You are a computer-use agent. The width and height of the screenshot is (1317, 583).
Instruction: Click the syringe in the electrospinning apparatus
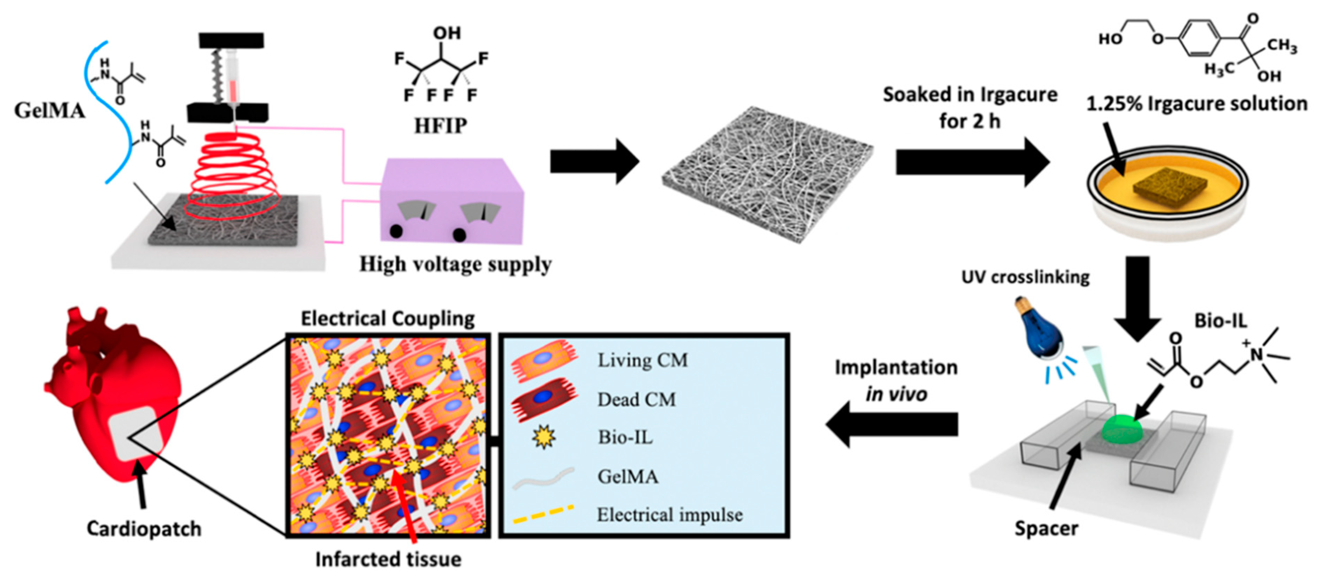[234, 76]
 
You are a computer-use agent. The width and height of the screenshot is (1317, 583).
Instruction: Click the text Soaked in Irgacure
[970, 95]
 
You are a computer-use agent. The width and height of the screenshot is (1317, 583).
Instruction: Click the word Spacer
[1046, 528]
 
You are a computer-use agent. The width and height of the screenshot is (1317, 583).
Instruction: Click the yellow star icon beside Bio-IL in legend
[543, 437]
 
